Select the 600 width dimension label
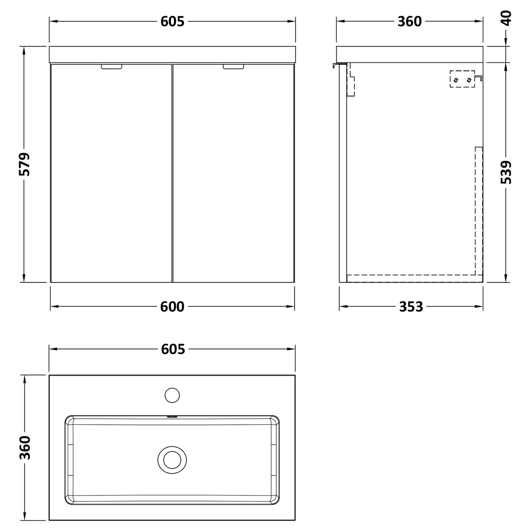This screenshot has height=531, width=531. pos(172,307)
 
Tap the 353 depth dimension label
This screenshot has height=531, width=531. pos(410,307)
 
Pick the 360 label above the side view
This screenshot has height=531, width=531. pos(410,21)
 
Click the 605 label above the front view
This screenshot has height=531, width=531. pos(172,21)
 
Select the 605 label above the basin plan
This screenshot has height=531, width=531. pos(172,349)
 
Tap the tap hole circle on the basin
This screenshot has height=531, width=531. pos(172,395)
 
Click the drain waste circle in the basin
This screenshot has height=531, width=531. pos(172,459)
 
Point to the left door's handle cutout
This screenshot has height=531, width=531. pos(112,67)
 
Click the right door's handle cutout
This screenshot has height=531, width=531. pos(234,67)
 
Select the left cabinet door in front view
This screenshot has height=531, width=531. pos(111,174)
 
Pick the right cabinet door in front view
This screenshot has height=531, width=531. pos(234,174)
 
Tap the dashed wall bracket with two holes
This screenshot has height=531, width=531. pos(462,80)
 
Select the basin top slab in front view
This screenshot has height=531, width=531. pos(172,54)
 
